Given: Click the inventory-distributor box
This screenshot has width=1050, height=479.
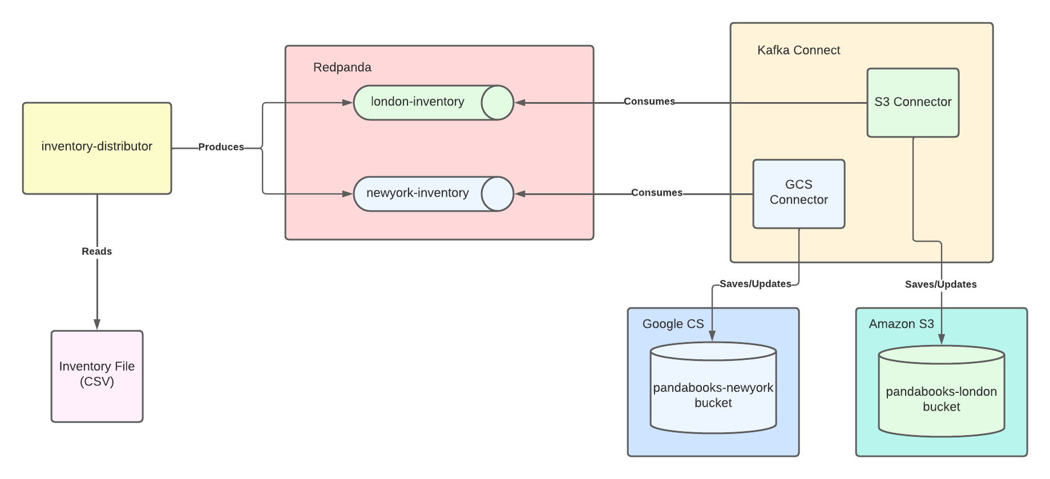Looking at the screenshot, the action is click(x=97, y=148).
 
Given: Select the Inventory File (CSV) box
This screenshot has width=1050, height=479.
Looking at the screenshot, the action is click(x=97, y=376).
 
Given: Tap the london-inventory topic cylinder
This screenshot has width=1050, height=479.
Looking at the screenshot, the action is click(x=434, y=103).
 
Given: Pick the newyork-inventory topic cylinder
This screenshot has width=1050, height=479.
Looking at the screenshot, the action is click(x=434, y=194).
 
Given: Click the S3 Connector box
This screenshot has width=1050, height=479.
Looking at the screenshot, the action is click(x=913, y=103).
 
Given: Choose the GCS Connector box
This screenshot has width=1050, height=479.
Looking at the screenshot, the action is click(x=799, y=194).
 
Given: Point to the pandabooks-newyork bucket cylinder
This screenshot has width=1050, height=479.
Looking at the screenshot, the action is click(x=713, y=388).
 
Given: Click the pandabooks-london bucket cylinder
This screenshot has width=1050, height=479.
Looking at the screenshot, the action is click(x=942, y=391).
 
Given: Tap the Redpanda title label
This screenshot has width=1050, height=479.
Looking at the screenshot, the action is click(x=342, y=67).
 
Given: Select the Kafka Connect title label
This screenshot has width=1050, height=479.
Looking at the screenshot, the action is click(x=799, y=50).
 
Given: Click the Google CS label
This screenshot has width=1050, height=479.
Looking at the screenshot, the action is click(x=673, y=324).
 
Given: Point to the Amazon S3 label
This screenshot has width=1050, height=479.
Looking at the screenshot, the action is click(x=902, y=324).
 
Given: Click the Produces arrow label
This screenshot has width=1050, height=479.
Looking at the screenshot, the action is click(x=221, y=147).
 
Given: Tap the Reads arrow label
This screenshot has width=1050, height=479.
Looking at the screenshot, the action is click(x=97, y=251).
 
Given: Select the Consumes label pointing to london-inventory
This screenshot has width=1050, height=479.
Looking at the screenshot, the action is click(x=649, y=102).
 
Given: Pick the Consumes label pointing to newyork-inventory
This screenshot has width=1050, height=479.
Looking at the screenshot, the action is click(x=657, y=193).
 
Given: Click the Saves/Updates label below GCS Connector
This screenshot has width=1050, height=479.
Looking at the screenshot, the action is click(x=756, y=284).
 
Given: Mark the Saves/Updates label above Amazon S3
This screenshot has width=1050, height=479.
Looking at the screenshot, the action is click(x=941, y=285).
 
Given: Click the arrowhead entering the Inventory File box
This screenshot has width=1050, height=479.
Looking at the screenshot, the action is click(x=97, y=324).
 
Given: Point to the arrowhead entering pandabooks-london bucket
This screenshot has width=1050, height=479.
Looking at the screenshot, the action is click(x=942, y=339).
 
